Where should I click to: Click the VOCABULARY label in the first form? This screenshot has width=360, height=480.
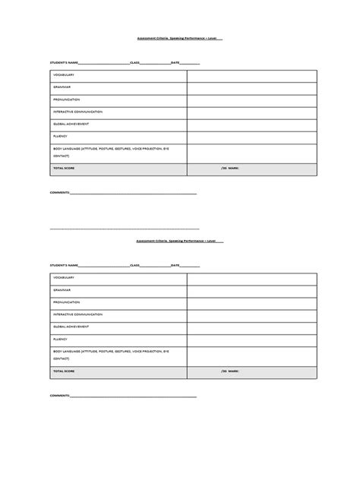click(x=64, y=75)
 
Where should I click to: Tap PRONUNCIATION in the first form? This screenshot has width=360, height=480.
click(x=67, y=99)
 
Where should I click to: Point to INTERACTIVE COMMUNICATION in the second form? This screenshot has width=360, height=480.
click(x=77, y=314)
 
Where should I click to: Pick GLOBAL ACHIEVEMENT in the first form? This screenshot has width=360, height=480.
click(x=71, y=124)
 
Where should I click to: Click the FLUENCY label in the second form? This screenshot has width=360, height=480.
click(x=61, y=339)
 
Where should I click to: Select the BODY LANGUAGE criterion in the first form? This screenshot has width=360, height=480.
click(x=111, y=149)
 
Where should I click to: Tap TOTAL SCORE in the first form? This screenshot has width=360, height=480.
click(x=64, y=167)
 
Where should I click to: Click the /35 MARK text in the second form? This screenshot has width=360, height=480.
click(x=230, y=371)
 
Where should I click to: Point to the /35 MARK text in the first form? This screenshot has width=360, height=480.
click(x=230, y=167)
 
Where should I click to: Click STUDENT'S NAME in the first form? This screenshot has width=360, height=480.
click(x=65, y=62)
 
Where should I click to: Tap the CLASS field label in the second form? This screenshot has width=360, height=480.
click(x=135, y=265)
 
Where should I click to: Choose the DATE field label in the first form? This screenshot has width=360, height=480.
click(x=175, y=62)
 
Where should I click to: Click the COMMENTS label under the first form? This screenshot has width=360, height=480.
click(x=60, y=193)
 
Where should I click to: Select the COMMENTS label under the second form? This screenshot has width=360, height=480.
click(x=60, y=396)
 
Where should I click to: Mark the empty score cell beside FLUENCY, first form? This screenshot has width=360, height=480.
click(x=251, y=136)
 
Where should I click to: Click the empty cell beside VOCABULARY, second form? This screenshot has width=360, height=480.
click(x=251, y=278)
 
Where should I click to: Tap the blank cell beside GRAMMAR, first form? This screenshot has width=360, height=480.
click(x=251, y=87)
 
